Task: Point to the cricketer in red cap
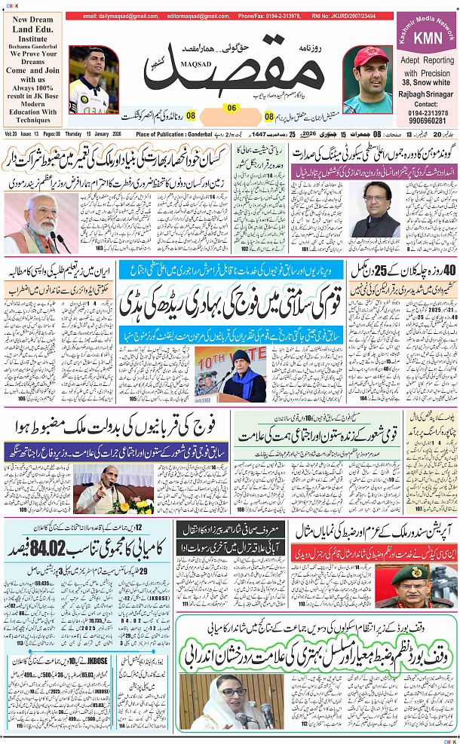(x=370, y=75)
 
